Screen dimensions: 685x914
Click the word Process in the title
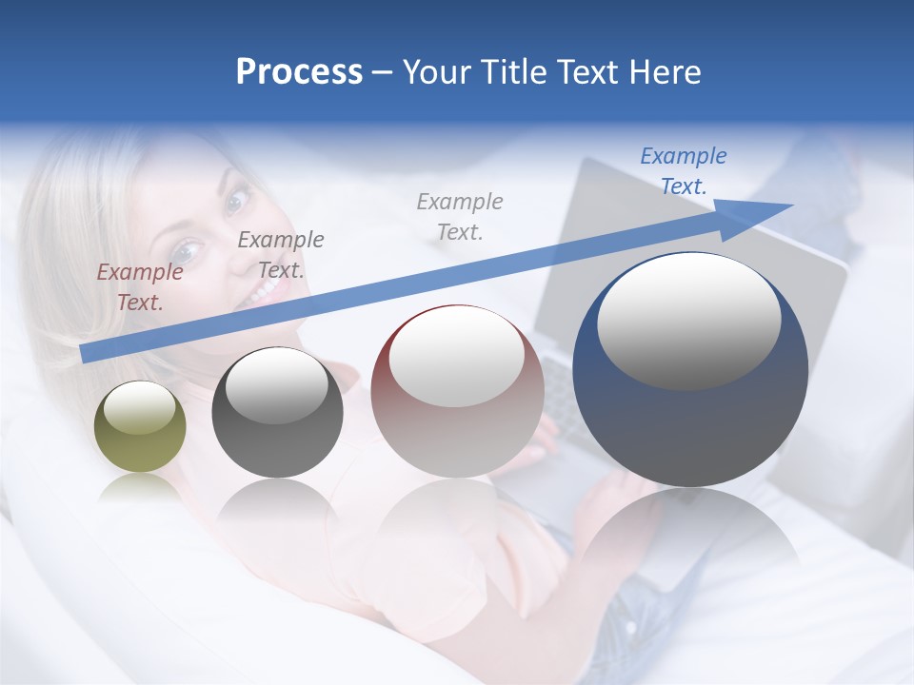pos(299,72)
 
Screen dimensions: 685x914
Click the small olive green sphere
pos(140,427)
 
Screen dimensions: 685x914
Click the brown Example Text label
pos(140,286)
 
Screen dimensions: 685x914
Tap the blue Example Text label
pos(684,170)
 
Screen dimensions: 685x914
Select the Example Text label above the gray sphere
pos(281,254)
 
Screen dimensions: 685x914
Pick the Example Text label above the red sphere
pos(460,216)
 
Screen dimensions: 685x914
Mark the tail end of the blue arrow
pos(86,353)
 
